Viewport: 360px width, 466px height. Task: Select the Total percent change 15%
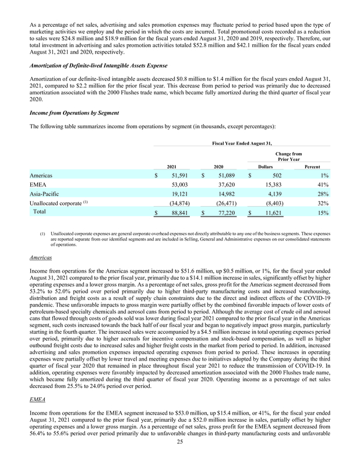pos(323,214)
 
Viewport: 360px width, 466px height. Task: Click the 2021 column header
pos(173,165)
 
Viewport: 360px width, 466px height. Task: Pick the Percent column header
pos(316,165)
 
